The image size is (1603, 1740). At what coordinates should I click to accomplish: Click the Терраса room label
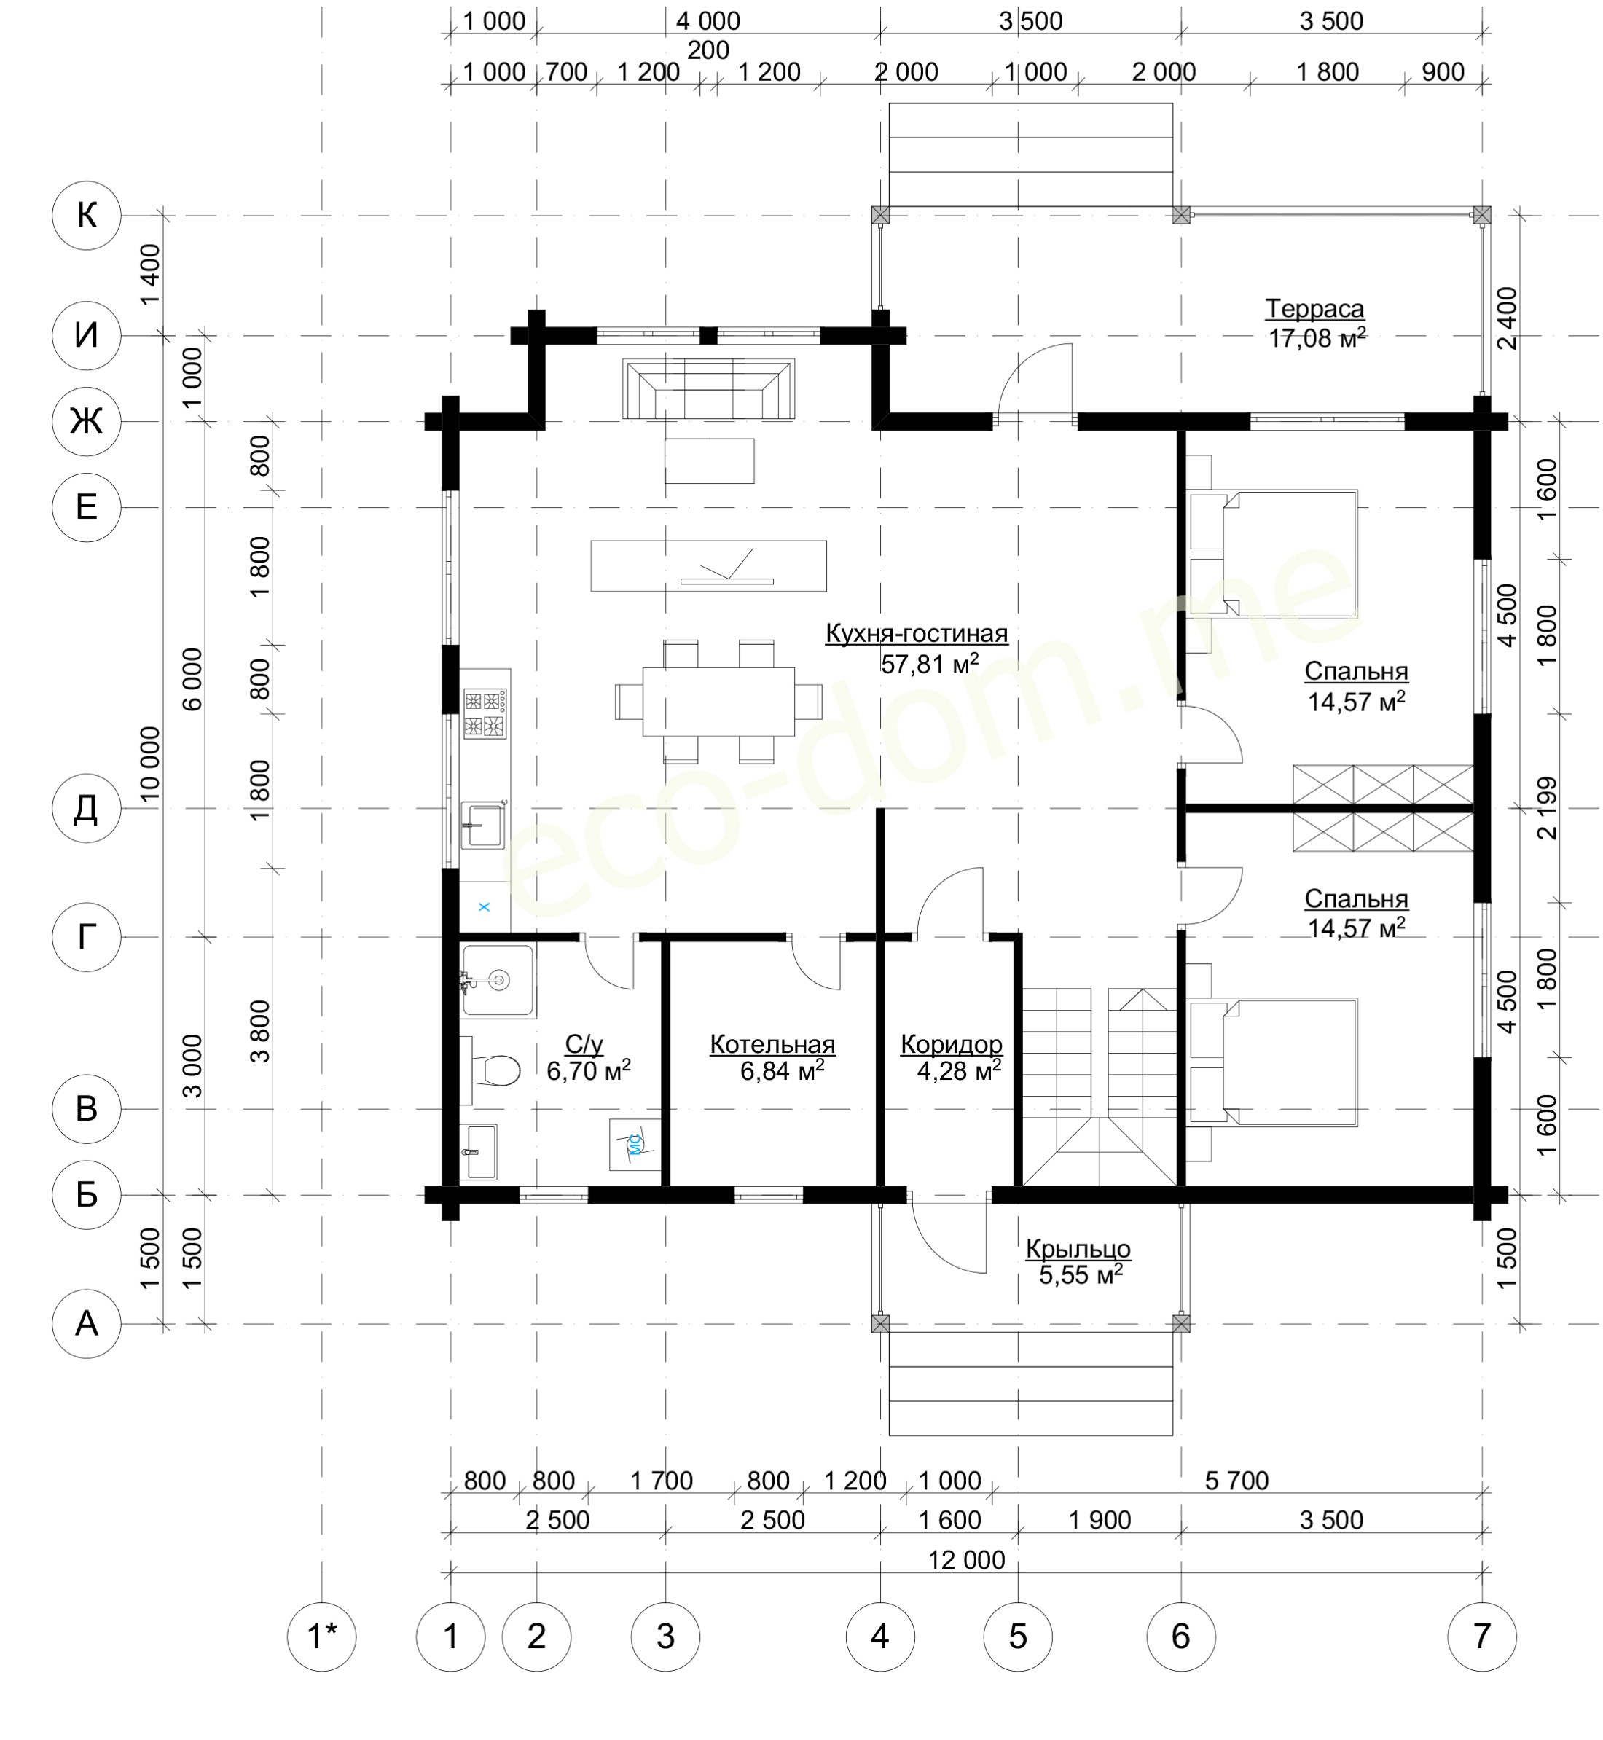pos(1314,309)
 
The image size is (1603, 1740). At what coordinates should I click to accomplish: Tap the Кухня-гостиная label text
pos(916,634)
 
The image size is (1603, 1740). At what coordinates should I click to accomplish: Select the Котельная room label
pos(772,1044)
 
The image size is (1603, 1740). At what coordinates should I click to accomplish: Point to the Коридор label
pos(951,1044)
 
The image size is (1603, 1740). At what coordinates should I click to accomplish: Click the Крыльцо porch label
pos(1078,1249)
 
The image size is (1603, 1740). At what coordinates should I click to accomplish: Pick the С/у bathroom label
pos(584,1044)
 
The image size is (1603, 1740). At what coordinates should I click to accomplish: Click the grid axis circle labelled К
pos(87,215)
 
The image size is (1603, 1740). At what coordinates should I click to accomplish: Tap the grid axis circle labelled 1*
pos(322,1637)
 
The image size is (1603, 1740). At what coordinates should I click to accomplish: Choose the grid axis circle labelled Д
pos(87,808)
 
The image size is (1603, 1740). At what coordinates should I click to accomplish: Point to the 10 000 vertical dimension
pos(150,764)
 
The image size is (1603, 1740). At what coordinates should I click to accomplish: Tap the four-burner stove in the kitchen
pos(485,713)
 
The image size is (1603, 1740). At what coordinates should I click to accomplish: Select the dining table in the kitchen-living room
pos(718,701)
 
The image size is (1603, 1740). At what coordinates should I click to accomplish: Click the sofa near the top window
pos(708,391)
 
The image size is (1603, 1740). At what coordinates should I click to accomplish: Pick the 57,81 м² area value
pos(930,665)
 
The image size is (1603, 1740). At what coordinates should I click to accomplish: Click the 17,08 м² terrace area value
pos(1317,338)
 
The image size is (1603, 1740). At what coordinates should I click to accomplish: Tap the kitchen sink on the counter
pos(482,824)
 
